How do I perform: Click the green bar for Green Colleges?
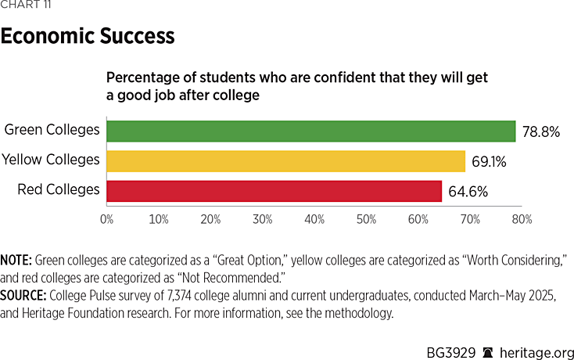click(310, 131)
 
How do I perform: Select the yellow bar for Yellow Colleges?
click(285, 160)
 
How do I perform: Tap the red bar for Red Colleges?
click(274, 190)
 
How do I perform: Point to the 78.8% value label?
click(540, 131)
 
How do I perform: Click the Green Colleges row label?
click(52, 130)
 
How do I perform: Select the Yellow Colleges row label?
click(51, 160)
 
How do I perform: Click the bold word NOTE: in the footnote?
click(16, 259)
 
